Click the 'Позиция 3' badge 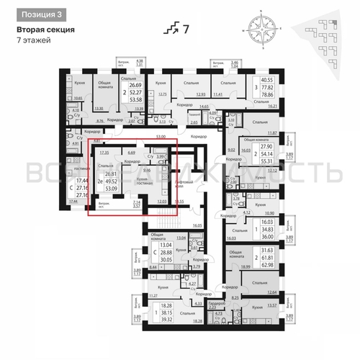(x=40, y=14)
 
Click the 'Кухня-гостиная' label (x=143, y=179)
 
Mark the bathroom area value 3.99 (x=161, y=156)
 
